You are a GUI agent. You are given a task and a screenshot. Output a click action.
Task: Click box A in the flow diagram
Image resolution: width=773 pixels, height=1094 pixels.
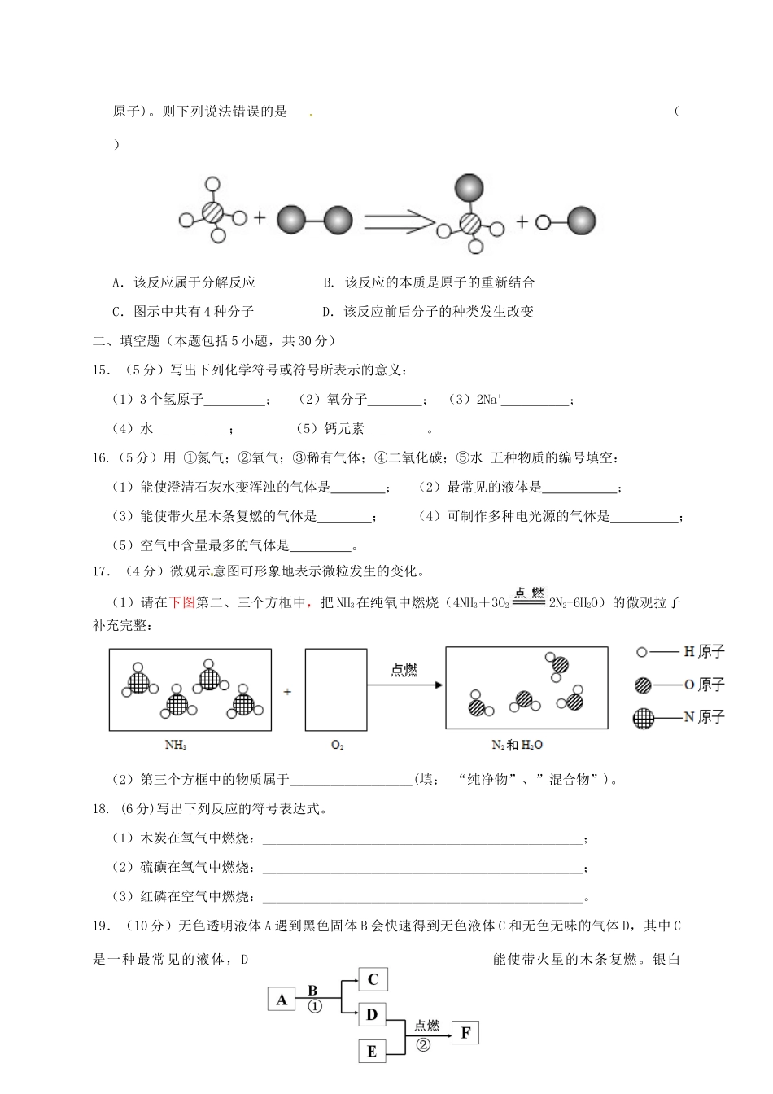[x=281, y=999]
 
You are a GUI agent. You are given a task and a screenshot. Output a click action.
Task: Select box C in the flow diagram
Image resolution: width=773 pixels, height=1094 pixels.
[x=373, y=978]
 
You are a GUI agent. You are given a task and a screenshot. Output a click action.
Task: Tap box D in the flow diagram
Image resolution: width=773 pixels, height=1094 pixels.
[x=372, y=1014]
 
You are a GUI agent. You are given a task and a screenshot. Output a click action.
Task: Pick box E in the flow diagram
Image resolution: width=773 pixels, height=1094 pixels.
[x=372, y=1051]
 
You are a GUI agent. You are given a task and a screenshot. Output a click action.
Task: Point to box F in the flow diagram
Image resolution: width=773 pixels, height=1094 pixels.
[x=465, y=1033]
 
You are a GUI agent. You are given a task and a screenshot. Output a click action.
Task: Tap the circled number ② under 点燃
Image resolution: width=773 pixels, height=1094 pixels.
[x=423, y=1044]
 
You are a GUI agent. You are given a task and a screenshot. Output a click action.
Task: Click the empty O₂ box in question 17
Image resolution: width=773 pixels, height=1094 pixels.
[x=336, y=688]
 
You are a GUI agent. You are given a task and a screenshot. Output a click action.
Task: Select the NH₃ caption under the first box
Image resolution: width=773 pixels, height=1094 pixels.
[x=176, y=745]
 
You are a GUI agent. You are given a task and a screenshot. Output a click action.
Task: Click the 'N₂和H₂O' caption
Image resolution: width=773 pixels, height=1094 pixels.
[x=518, y=745]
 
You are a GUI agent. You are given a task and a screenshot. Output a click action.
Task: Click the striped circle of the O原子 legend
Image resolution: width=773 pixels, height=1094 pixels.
[x=644, y=685]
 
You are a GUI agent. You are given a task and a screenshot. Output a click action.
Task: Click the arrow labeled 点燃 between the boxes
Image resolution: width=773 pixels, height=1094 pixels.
[x=404, y=685]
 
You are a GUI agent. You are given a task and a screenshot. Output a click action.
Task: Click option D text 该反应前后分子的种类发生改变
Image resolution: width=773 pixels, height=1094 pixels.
[x=439, y=312]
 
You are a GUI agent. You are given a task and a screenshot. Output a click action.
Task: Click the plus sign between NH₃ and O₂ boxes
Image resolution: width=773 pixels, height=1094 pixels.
[x=288, y=691]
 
